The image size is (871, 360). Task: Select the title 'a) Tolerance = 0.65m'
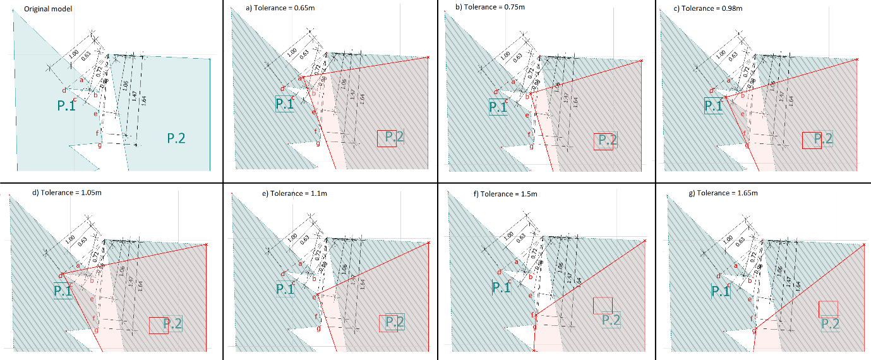(270, 7)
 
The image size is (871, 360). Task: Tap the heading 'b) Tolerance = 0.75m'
(484, 7)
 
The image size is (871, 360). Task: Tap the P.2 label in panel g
(830, 323)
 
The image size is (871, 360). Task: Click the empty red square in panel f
(603, 306)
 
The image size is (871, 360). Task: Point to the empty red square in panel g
(828, 309)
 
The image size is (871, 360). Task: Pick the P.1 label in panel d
(63, 291)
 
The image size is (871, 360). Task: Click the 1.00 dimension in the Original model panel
(73, 55)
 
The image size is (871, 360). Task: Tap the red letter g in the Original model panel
(99, 146)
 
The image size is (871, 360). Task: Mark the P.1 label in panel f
(501, 289)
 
